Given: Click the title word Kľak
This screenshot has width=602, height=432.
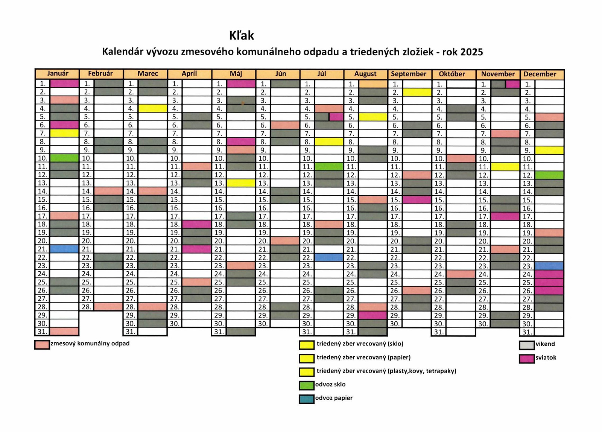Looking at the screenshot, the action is click(241, 35).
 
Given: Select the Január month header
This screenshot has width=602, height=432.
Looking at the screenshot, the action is click(58, 74).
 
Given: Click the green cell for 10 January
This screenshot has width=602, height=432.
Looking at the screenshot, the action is click(64, 158).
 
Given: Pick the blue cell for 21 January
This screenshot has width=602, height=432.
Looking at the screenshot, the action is click(64, 249).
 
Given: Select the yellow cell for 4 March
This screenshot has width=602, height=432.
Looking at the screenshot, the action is click(153, 108).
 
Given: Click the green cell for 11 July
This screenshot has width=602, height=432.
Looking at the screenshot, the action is click(329, 166).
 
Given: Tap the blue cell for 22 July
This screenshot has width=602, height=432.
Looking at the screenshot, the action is click(329, 257).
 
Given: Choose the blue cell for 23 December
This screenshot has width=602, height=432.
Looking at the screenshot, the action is click(549, 266).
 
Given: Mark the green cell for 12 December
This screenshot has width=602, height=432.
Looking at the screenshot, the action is click(549, 175).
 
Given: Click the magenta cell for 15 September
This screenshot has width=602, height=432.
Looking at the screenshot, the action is click(417, 200).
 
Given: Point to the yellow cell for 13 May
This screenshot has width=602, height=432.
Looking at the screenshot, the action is click(241, 183).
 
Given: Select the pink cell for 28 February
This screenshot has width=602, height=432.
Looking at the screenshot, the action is click(109, 307).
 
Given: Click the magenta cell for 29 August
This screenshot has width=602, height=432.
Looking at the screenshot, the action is click(373, 315).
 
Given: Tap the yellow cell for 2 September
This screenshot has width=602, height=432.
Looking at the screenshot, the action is click(417, 92).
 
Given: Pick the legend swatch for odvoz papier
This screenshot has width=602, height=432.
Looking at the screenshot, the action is click(307, 399).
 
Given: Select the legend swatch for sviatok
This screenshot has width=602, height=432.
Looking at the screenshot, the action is click(527, 359).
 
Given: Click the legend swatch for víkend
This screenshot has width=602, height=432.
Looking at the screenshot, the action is click(527, 345).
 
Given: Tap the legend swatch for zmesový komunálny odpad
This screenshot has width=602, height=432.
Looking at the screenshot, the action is click(42, 345).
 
